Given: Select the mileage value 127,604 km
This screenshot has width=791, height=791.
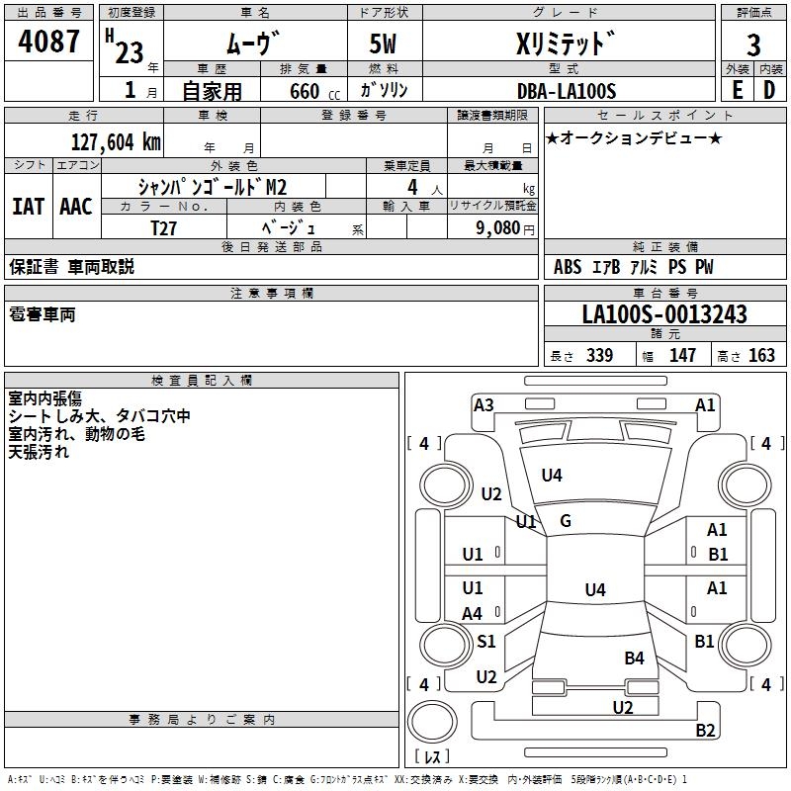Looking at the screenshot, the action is pos(116,141).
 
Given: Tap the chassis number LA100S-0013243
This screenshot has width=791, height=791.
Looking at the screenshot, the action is pos(664,315).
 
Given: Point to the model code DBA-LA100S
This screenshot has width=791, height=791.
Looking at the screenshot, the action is pos(568,91).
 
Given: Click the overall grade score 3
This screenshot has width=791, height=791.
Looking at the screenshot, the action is pos(753,44).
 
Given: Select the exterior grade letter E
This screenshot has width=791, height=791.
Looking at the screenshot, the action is pos(737,90).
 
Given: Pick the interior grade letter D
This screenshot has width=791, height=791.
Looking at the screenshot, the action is pos(769,90).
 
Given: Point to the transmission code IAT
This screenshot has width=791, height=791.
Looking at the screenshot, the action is pos(28,206).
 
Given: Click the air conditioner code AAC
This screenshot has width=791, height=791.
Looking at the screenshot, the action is pos(76,206).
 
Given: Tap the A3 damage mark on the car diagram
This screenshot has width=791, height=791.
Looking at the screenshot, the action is pos(483,404).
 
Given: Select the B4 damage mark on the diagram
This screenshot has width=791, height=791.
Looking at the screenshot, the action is pos(634,658).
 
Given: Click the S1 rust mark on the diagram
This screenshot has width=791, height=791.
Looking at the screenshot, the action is pos(486,642).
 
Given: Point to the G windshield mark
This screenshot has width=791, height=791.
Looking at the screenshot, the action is pos(566,521).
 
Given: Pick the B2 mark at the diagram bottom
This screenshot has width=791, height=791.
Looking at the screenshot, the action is pos(705,731).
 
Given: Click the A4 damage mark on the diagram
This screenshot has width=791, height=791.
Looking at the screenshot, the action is pos(473,613).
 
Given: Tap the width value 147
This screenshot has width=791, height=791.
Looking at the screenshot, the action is pos(682,356).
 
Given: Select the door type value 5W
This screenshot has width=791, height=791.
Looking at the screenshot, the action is pos(385,44).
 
